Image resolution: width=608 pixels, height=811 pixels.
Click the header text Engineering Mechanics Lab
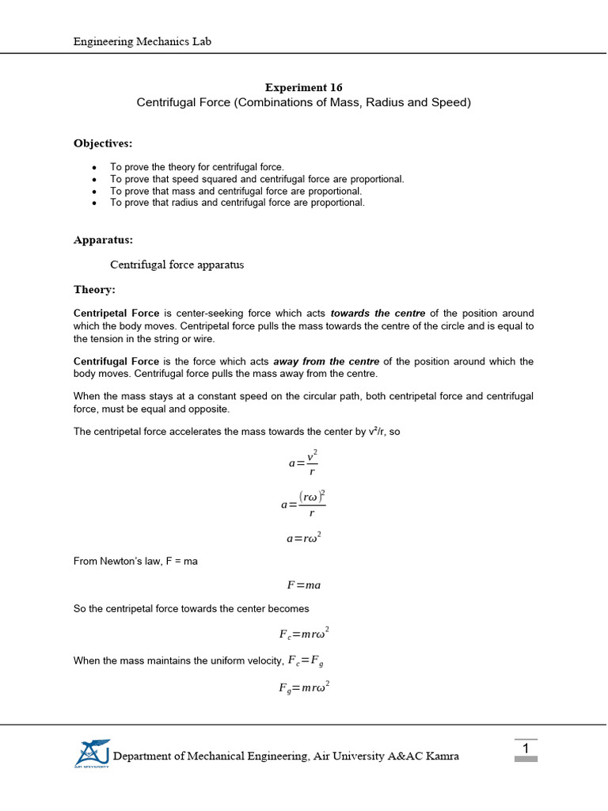tap(142, 41)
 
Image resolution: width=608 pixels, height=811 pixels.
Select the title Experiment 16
tap(303, 87)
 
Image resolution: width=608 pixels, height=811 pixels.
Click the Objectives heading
tap(103, 143)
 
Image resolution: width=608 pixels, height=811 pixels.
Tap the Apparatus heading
tap(103, 239)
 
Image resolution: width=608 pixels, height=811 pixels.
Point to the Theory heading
tap(94, 290)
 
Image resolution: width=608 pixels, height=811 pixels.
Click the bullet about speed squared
tap(256, 179)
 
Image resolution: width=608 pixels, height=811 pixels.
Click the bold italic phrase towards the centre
tap(378, 314)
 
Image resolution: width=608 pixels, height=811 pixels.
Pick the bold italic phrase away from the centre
tap(326, 362)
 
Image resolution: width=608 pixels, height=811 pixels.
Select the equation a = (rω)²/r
tap(303, 504)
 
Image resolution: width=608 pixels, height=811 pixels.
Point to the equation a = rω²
tap(303, 539)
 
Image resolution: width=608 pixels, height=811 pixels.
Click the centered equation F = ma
tap(303, 585)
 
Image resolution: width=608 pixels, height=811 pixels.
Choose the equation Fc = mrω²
tap(303, 634)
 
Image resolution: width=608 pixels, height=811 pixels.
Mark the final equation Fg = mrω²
tap(303, 687)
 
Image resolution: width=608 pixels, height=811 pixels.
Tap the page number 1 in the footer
tap(525, 748)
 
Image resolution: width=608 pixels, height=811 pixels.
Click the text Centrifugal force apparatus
tap(177, 265)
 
